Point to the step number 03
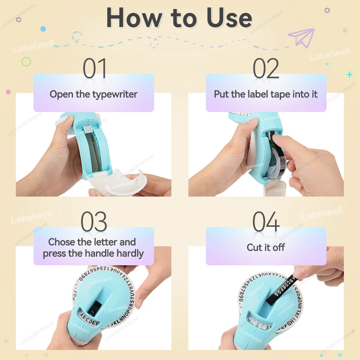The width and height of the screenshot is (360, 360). click(94, 222)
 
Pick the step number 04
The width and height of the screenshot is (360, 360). click(266, 222)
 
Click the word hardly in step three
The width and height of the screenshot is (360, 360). click(130, 253)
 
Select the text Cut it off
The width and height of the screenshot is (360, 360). click(266, 247)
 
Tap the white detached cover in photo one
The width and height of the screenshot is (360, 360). click(119, 184)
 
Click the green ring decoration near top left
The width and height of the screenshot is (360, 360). click(26, 62)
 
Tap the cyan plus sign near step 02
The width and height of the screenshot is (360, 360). click(349, 75)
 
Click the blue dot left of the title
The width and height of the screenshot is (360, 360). click(43, 28)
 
